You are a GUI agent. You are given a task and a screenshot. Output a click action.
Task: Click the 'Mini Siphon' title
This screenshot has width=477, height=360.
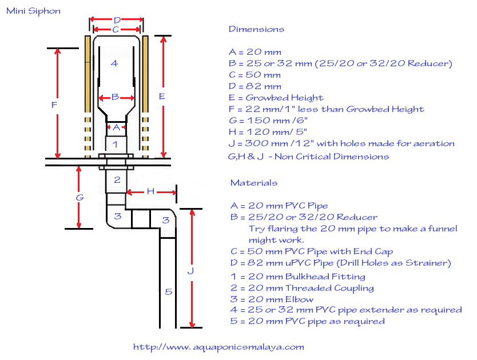[33, 11]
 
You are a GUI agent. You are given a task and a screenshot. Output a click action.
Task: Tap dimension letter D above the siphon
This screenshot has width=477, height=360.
[117, 21]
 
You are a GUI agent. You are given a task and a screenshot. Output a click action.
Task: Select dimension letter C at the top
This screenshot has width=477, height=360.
[116, 30]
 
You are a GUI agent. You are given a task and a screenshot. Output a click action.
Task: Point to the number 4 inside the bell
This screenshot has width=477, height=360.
[114, 63]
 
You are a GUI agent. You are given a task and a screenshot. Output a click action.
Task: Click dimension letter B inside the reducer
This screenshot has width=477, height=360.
[115, 97]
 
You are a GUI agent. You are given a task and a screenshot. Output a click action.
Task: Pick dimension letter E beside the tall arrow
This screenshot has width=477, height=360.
[162, 97]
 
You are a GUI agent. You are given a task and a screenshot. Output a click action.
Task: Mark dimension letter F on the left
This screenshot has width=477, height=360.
[54, 105]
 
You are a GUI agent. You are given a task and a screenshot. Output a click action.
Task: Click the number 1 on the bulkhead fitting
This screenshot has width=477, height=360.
[115, 144]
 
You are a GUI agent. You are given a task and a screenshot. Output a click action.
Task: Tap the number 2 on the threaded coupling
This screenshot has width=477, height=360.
[117, 179]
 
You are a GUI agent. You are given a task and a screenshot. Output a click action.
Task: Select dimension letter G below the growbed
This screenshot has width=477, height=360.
[79, 198]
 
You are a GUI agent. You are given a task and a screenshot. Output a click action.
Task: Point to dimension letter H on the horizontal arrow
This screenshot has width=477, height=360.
[150, 191]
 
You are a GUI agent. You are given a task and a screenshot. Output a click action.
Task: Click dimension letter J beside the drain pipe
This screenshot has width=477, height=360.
[190, 271]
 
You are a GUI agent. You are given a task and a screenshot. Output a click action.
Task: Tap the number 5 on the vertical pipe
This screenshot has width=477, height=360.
[169, 292]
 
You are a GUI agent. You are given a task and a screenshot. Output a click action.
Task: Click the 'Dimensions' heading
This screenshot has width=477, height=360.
[256, 29]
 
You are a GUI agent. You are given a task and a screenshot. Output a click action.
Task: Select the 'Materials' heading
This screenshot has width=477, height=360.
[254, 183]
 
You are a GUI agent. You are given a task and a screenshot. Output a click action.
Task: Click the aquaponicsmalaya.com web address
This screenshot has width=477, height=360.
[218, 347]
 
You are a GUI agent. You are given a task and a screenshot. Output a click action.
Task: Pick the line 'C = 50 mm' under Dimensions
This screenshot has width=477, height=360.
[255, 75]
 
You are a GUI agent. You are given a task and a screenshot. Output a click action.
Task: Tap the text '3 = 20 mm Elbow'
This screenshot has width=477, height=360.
[272, 299]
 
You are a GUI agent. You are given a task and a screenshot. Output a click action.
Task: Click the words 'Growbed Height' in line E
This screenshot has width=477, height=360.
[284, 98]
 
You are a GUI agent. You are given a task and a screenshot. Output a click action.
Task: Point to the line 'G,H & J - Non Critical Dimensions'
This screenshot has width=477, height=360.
[308, 157]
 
